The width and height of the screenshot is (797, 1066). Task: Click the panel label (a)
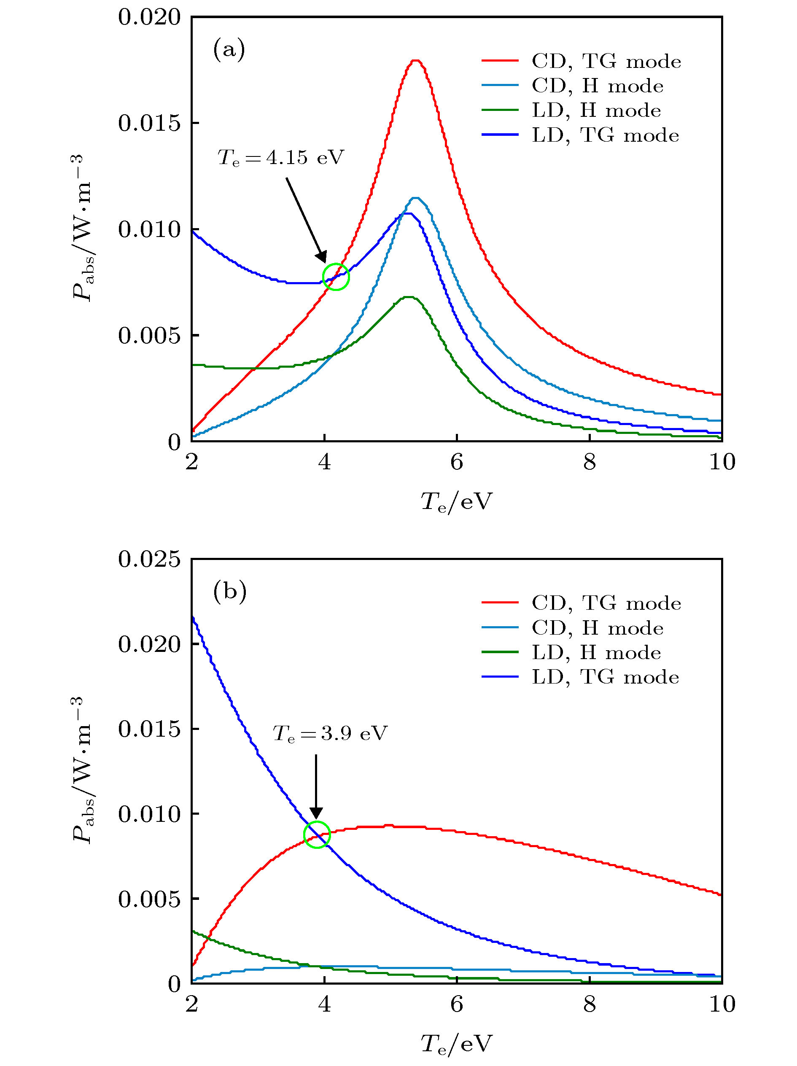(x=229, y=49)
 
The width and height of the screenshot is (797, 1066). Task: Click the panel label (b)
(x=229, y=591)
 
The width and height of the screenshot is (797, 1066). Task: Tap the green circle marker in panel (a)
(x=335, y=277)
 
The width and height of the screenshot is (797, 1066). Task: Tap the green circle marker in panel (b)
(x=317, y=834)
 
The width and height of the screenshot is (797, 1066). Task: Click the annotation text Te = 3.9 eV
(x=330, y=733)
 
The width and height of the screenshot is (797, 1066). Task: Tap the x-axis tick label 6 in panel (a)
(x=456, y=463)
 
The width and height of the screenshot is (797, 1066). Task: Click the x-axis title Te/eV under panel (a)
(x=456, y=502)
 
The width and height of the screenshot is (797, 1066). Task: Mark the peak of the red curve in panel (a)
(x=416, y=60)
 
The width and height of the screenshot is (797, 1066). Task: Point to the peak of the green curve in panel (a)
(x=409, y=297)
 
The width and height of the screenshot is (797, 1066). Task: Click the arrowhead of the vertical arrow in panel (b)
(x=316, y=813)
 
